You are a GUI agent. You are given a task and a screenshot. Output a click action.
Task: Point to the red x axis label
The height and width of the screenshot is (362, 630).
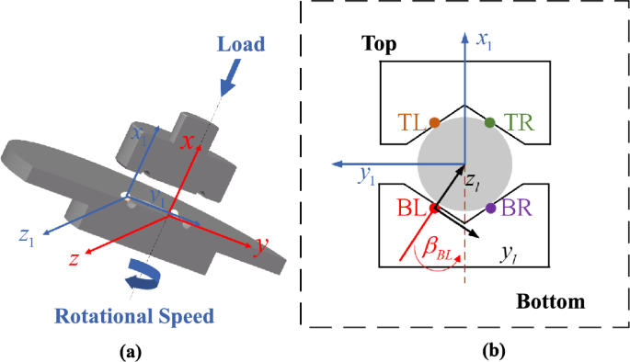[187, 142]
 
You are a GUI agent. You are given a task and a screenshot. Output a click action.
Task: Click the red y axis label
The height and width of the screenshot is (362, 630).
[262, 244]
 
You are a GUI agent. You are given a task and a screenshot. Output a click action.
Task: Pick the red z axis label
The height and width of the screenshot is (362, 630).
[71, 260]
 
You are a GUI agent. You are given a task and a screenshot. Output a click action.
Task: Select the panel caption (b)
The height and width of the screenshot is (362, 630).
[465, 350]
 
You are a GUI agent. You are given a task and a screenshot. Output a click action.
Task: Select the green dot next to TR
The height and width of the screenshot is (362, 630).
[490, 122]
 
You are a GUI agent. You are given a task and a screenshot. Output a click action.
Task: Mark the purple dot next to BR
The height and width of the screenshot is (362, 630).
[490, 209]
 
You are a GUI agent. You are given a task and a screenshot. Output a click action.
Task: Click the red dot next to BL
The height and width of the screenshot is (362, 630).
[434, 209]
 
